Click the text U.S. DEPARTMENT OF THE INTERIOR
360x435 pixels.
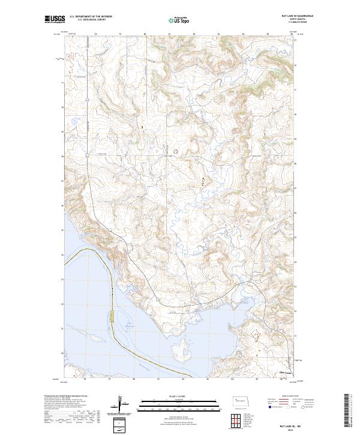pyautogui.click(x=91, y=17)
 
